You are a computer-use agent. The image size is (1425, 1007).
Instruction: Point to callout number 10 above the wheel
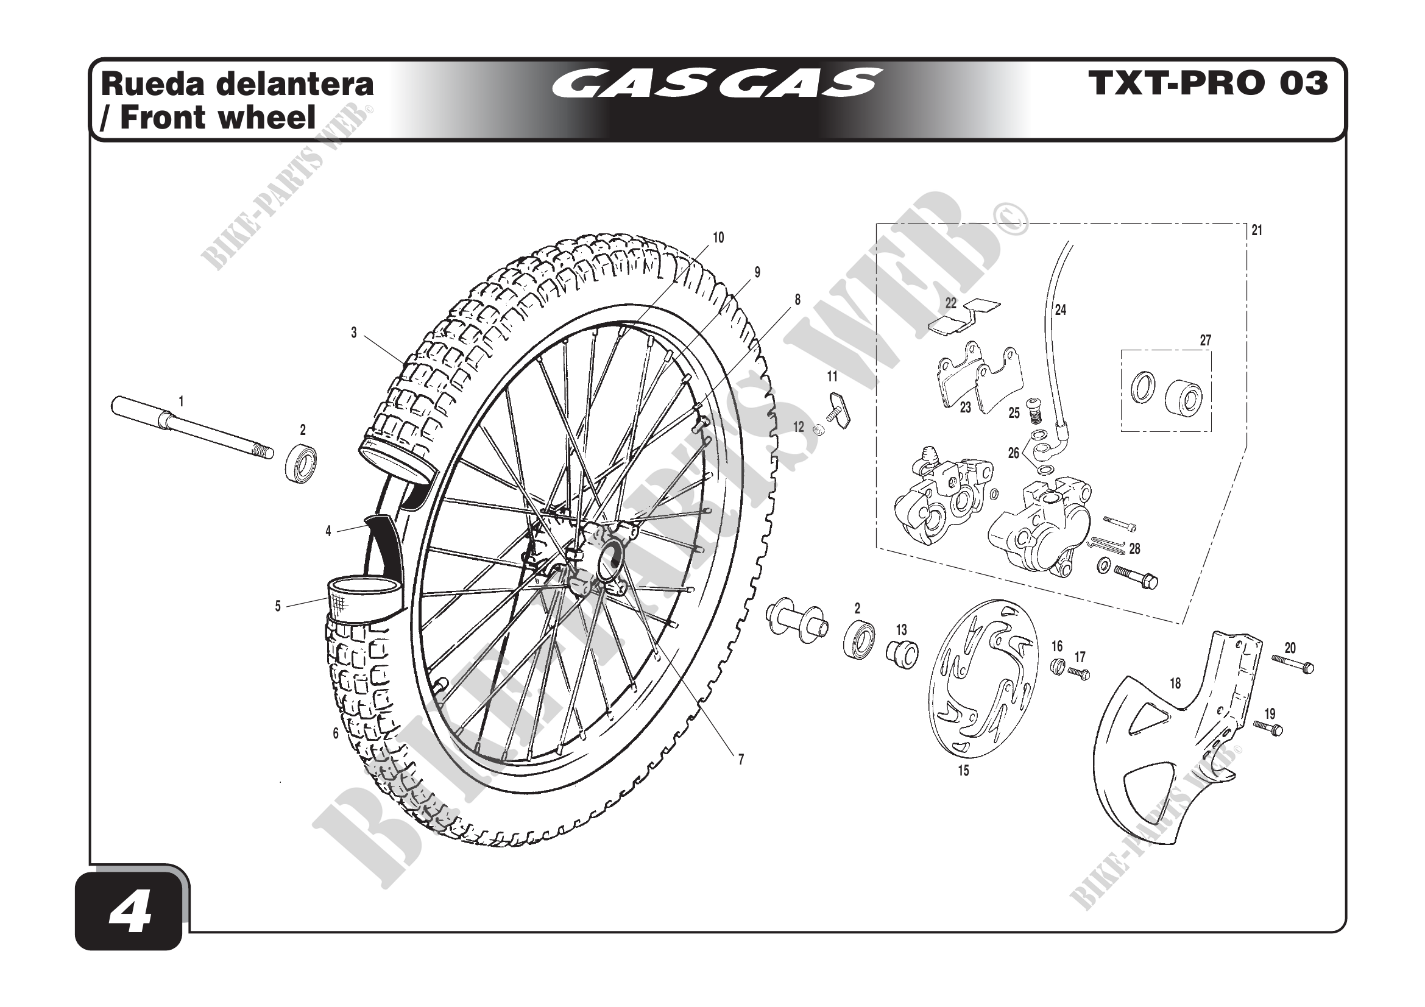(x=718, y=238)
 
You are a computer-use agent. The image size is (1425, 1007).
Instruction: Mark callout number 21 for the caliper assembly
(x=1257, y=230)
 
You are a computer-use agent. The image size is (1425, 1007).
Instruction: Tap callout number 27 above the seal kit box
(x=1205, y=340)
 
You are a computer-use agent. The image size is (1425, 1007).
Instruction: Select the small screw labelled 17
(x=1080, y=673)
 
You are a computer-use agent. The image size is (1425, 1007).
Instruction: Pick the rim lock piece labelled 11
(x=839, y=409)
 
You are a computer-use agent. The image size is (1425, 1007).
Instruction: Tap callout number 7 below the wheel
(x=740, y=760)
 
